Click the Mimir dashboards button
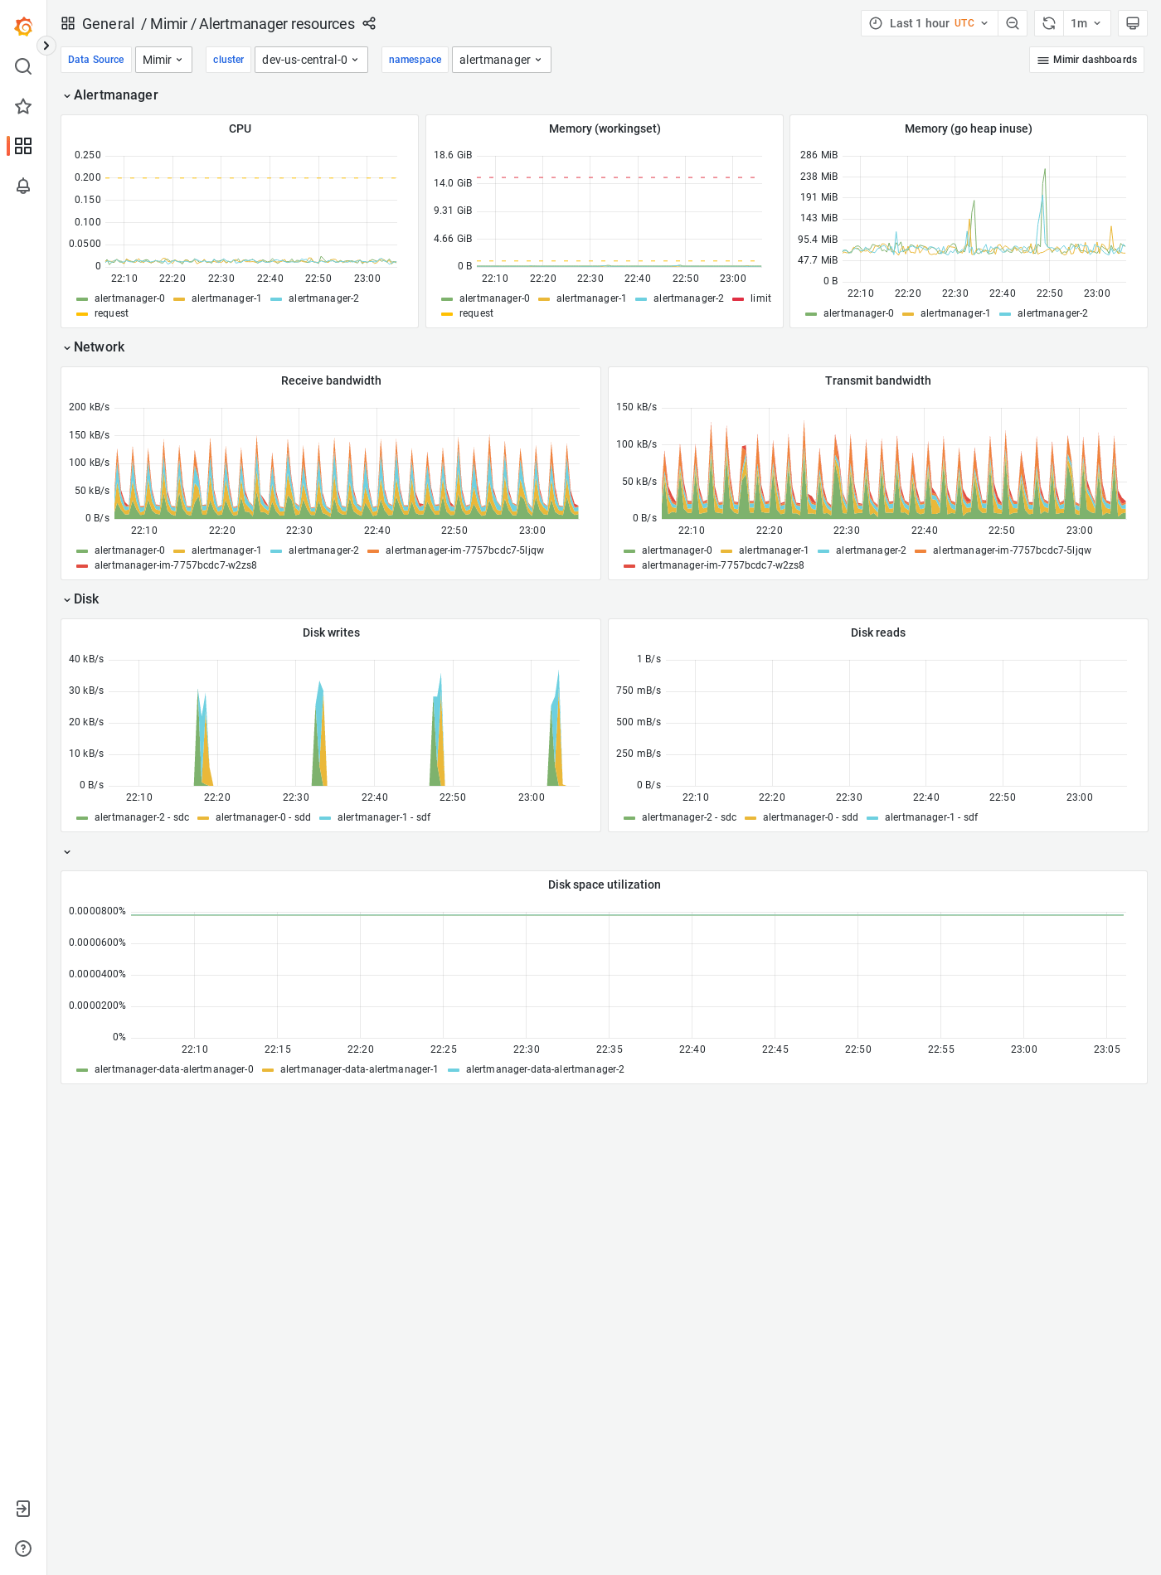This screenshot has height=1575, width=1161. pos(1086,60)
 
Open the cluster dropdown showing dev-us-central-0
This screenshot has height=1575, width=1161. pos(311,60)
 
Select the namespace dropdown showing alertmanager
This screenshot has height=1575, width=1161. pos(501,60)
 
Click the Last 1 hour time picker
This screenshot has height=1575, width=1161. pos(929,23)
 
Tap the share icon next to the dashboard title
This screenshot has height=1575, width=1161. pos(369,23)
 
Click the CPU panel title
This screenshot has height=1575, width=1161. pos(240,128)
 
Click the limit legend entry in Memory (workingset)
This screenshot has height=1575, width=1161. pos(760,298)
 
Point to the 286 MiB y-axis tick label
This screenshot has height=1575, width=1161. pos(819,155)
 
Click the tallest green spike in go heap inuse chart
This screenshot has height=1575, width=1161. pos(1045,170)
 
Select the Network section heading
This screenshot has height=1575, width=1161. pos(99,347)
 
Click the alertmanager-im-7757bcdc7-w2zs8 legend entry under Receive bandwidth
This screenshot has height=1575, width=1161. pos(175,565)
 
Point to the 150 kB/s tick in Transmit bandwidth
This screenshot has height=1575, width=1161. pos(636,407)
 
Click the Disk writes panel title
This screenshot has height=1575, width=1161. pos(331,632)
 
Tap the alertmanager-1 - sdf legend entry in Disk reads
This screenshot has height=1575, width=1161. pos(930,817)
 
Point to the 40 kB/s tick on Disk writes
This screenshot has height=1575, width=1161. pos(86,659)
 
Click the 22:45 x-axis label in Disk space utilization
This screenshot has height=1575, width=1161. pos(775,1049)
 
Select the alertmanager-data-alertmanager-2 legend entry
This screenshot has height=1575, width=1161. pos(544,1069)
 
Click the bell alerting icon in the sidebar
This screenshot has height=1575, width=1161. pos(23,186)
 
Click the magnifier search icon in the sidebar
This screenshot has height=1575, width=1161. pos(23,66)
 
